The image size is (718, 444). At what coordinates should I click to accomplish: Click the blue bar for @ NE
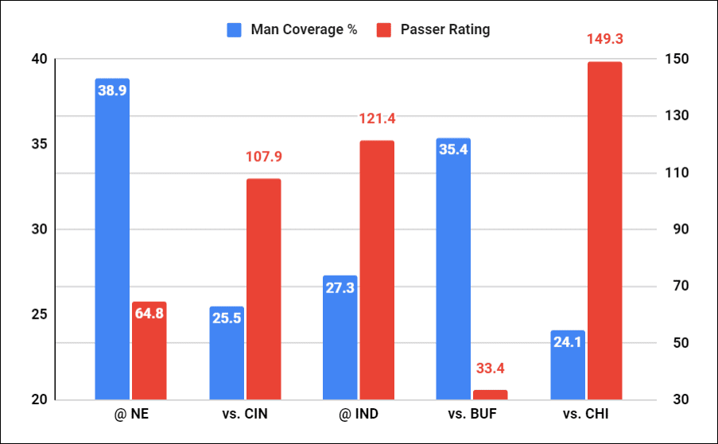tap(112, 238)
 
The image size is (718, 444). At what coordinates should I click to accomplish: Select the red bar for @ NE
tap(149, 350)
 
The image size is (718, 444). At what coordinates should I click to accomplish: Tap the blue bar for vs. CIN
tap(227, 353)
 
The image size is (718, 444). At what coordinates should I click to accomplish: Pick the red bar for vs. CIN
tap(263, 289)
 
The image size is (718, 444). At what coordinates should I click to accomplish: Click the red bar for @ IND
tap(377, 270)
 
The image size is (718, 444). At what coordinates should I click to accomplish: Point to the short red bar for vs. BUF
tap(490, 395)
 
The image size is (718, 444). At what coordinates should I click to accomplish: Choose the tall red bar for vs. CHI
tap(604, 230)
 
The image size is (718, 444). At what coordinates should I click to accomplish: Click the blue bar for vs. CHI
tap(568, 365)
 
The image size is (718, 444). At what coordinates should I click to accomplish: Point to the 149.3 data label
tap(604, 38)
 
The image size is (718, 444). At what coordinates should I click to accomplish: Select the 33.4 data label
tap(490, 369)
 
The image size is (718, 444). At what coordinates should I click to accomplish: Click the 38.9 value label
tap(112, 91)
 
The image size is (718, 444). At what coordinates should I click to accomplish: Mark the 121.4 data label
tap(377, 118)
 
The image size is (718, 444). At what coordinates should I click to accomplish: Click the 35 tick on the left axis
tap(39, 145)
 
